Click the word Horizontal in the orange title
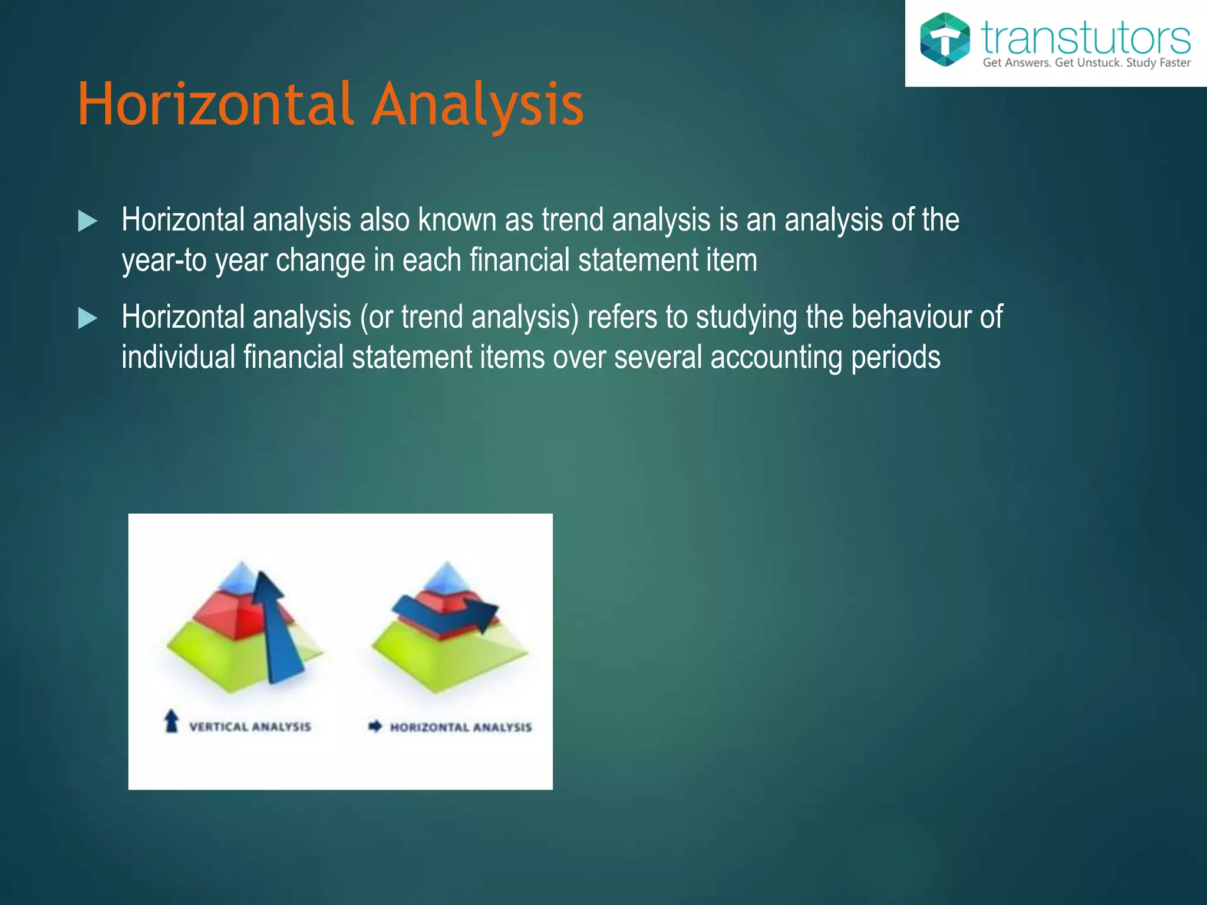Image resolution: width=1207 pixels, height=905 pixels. (216, 105)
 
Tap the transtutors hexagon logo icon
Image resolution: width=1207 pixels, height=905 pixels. (945, 39)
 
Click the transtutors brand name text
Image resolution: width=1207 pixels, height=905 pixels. (1086, 38)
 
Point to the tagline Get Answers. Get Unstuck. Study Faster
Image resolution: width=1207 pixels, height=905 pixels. (1086, 63)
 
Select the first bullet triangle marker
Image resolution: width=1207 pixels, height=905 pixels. (87, 222)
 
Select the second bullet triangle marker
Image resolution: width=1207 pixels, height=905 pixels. (87, 319)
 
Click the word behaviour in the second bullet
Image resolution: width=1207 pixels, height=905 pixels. (911, 317)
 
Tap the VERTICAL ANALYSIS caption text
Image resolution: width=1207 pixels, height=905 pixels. (249, 726)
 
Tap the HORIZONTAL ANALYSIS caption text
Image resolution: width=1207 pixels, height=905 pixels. (460, 727)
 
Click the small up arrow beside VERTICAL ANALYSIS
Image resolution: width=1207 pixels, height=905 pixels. (172, 721)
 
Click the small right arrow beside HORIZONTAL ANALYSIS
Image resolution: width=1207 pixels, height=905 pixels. (375, 726)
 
